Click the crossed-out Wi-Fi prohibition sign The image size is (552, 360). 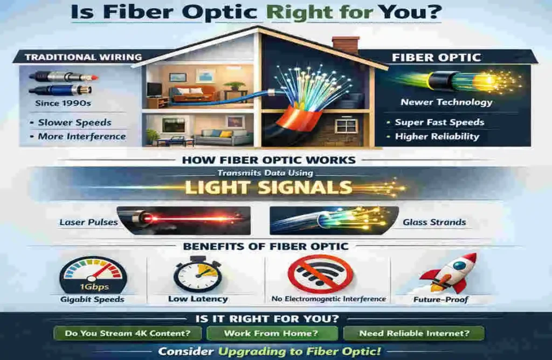[320, 274]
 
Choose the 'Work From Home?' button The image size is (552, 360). [272, 333]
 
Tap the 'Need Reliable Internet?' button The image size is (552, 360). [414, 333]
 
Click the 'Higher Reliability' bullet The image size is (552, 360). [437, 136]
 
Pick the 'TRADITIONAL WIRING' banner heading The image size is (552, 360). [76, 57]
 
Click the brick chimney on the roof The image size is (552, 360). [346, 45]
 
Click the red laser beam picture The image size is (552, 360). [183, 219]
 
